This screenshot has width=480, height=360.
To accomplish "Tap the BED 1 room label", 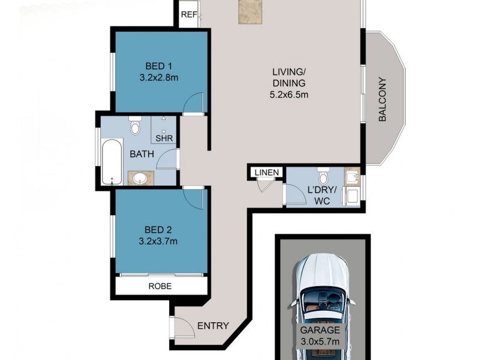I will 159,66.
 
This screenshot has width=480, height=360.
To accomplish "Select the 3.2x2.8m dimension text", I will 159,78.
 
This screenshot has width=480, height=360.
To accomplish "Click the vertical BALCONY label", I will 382,100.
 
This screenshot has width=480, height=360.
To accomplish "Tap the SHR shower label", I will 164,139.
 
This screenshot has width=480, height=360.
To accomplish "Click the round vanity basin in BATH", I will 141,178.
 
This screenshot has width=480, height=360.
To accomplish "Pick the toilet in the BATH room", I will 135,127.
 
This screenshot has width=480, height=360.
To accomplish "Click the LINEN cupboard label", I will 266,173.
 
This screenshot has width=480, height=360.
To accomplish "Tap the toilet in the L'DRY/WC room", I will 323,176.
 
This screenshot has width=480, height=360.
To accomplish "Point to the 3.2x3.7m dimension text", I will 159,241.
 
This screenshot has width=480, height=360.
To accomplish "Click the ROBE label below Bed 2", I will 160,286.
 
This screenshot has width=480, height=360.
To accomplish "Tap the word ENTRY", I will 213,326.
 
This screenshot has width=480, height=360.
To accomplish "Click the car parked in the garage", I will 323,300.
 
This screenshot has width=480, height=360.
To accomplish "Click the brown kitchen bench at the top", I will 251,12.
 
